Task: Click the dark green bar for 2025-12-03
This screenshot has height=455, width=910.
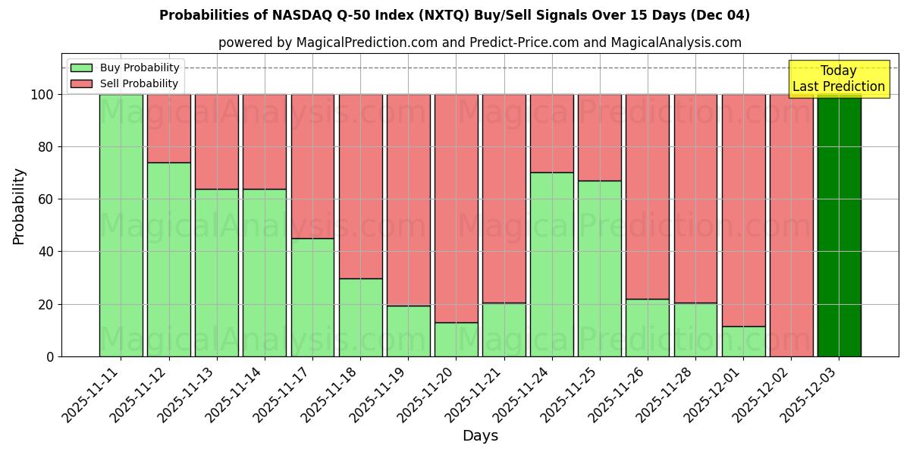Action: click(x=839, y=225)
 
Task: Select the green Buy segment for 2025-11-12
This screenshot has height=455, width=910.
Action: click(x=168, y=259)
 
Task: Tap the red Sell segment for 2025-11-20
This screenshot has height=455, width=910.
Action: click(x=457, y=209)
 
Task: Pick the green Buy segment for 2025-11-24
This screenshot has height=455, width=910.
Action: click(x=552, y=264)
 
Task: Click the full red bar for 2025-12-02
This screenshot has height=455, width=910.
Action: click(x=791, y=225)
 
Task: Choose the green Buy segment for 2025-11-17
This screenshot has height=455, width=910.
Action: click(x=312, y=297)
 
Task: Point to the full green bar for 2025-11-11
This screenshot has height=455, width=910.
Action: click(x=121, y=225)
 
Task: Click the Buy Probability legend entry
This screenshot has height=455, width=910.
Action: click(x=125, y=67)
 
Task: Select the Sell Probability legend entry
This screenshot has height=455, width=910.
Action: click(x=125, y=83)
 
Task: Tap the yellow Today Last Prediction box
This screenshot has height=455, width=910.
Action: click(x=839, y=79)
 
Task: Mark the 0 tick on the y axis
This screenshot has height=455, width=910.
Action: click(x=49, y=356)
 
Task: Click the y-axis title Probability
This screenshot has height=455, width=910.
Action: click(x=19, y=206)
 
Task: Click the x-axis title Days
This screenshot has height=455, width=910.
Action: click(x=480, y=436)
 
